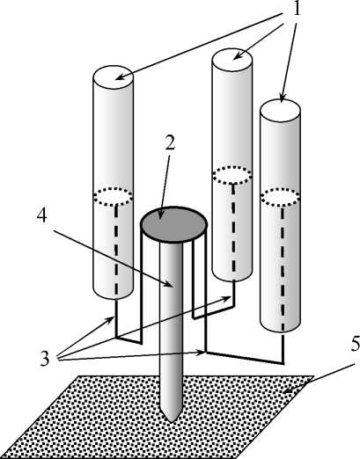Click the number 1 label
click(297, 9)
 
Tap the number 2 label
click(169, 143)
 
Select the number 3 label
click(45, 359)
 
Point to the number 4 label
click(42, 215)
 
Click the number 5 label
click(356, 344)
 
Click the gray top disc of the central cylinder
click(173, 224)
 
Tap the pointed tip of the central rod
click(172, 420)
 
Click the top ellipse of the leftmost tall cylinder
click(114, 77)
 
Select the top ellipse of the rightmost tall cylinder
click(280, 111)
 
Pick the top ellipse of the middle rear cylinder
click(232, 60)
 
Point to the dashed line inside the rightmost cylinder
click(283, 268)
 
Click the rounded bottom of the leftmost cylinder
click(114, 295)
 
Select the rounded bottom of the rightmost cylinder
click(280, 328)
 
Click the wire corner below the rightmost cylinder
click(283, 363)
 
